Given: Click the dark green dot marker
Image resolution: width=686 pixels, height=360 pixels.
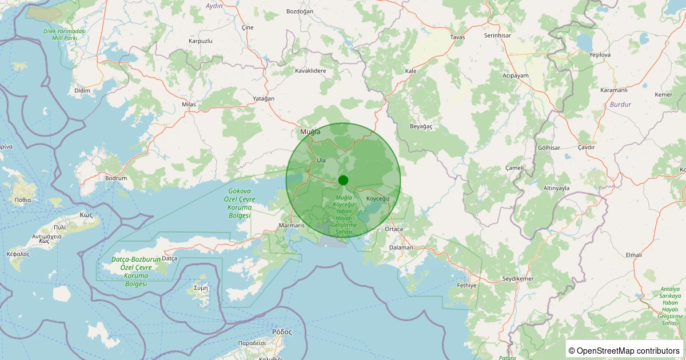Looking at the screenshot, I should click(343, 180).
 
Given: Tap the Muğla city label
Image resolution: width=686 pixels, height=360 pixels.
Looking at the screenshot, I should click(310, 132).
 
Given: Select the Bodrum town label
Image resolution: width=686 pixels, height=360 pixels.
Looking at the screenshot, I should click(116, 178).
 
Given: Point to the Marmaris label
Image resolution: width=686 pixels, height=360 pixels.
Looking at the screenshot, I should click(291, 225).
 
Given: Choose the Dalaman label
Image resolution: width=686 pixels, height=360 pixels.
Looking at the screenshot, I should click(401, 247).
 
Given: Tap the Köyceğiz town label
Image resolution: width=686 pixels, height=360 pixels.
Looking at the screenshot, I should click(378, 198).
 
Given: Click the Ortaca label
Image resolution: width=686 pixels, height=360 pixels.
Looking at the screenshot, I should click(394, 229).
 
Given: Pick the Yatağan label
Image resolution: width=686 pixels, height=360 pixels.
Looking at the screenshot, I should click(264, 98).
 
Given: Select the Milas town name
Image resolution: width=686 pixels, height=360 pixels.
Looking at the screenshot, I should click(189, 105).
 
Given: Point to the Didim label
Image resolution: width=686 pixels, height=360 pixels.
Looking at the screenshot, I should click(82, 91).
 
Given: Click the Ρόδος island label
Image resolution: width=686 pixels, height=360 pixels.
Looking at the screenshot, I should click(282, 331).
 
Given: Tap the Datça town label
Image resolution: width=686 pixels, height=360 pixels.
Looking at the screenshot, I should click(170, 258).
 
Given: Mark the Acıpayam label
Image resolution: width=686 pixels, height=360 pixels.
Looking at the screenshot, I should click(516, 75).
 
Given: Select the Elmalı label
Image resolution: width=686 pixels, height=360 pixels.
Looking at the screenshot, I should click(635, 255).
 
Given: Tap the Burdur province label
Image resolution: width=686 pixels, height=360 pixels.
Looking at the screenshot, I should click(621, 105).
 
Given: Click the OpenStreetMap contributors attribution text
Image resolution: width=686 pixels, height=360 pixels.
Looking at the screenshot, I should click(624, 350).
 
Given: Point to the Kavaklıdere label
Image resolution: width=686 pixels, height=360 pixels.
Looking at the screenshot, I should click(310, 71).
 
